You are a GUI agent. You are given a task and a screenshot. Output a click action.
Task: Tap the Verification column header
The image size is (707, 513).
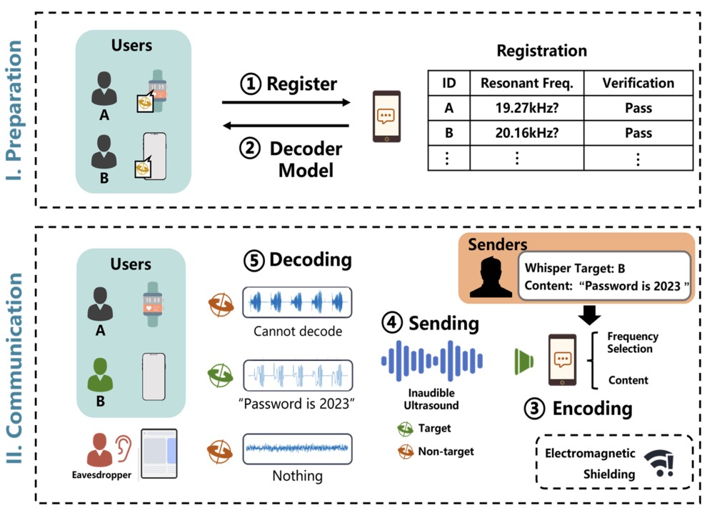(638, 83)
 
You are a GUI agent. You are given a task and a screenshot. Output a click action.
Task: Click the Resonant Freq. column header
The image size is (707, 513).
(526, 83)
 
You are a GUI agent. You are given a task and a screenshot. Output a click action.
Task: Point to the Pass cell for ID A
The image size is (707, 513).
(638, 109)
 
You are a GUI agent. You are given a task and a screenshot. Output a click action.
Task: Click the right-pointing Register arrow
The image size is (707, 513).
(286, 103)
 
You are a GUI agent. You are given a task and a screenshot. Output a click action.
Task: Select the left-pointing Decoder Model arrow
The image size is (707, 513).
(286, 126)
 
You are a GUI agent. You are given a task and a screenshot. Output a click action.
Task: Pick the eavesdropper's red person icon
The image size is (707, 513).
(101, 450)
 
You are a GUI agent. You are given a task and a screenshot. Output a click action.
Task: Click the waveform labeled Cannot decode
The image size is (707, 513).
(297, 303)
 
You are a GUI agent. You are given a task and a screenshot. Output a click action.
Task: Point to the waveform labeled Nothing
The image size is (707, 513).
(297, 448)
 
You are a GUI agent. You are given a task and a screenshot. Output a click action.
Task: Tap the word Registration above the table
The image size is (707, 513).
(542, 51)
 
